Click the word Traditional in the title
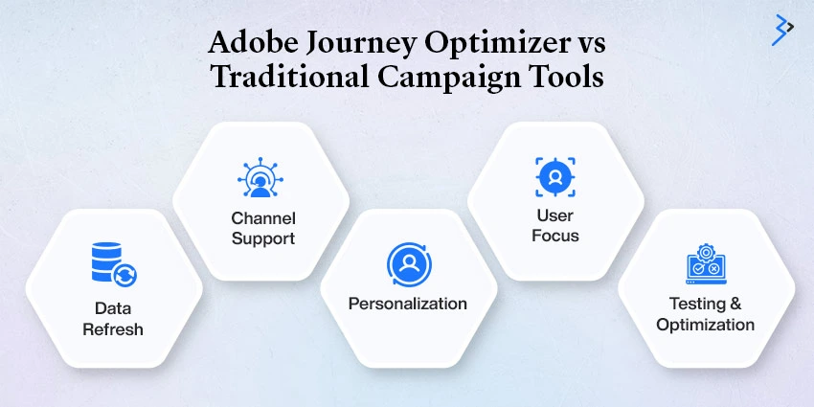290,78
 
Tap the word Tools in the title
562,78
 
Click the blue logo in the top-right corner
782,30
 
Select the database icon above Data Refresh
114,264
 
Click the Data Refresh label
113,319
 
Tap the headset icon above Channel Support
260,177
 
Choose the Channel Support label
263,228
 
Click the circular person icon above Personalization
409,264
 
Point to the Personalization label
408,304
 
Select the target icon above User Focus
554,177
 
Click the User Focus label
554,225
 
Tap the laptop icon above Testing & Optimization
706,264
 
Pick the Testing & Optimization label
706,314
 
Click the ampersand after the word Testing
735,304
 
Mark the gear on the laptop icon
706,253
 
